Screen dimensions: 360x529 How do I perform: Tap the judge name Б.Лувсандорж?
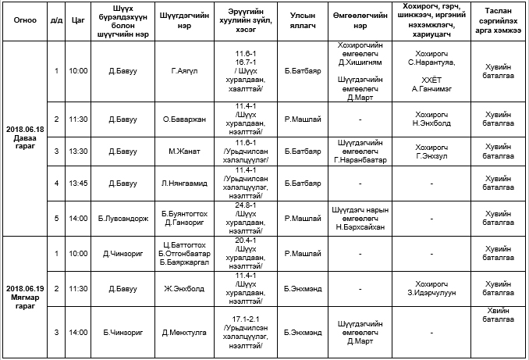pyautogui.click(x=117, y=219)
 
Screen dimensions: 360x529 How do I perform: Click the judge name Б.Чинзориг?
pyautogui.click(x=118, y=332)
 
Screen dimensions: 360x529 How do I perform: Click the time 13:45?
pyautogui.click(x=77, y=184)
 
